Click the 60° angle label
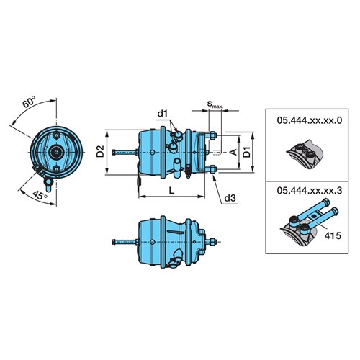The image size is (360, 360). [x=29, y=102]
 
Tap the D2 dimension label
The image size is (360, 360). [x=100, y=151]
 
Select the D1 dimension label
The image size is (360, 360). [x=246, y=152]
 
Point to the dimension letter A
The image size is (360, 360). [x=233, y=152]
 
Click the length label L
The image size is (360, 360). [x=171, y=191]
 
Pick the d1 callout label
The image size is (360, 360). [x=163, y=113]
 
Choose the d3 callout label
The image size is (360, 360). [x=230, y=198]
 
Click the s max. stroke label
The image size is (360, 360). [x=215, y=104]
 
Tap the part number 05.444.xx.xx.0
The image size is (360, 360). [x=310, y=120]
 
